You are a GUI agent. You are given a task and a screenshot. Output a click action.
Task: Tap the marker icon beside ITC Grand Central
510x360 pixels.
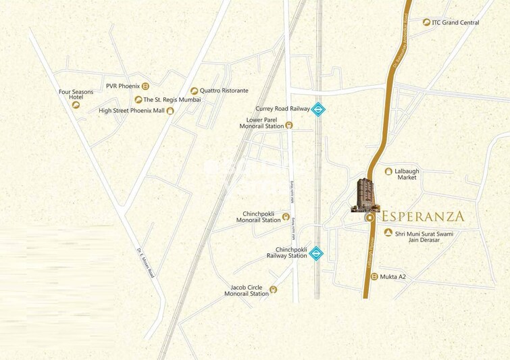[426, 22]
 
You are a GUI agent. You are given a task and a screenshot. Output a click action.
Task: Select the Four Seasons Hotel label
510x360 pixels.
[71, 94]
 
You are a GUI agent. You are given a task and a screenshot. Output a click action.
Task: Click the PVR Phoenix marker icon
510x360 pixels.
[145, 86]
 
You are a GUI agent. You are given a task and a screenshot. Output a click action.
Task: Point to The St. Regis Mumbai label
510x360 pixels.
[172, 100]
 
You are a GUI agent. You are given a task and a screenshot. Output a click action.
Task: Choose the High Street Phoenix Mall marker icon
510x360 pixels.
[170, 111]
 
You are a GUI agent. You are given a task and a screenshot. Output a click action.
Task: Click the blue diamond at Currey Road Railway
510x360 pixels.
[319, 109]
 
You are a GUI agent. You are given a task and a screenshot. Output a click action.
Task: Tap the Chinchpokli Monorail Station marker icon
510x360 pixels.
[285, 217]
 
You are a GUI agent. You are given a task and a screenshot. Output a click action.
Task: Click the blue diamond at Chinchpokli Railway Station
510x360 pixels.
[315, 254]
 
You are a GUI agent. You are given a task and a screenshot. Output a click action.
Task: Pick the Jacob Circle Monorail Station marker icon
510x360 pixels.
[273, 291]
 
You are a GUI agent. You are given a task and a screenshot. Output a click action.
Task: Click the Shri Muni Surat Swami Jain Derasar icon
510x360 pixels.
[388, 233]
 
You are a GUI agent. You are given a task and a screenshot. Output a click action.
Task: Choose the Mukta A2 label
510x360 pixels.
[392, 277]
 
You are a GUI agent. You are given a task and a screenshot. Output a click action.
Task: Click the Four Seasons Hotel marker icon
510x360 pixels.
[77, 105]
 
